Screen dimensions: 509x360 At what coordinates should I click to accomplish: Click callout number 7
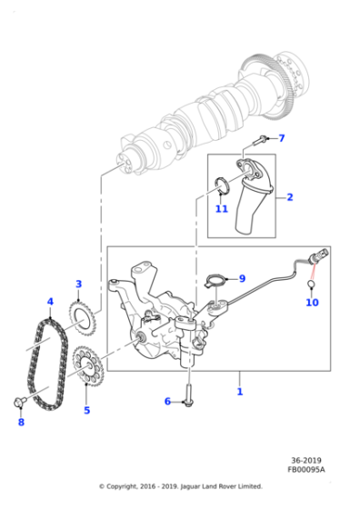[281, 139]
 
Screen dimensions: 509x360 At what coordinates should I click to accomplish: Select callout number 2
[289, 196]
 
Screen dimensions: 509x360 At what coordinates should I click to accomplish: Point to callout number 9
[241, 278]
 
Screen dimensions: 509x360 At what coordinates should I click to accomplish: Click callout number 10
[312, 303]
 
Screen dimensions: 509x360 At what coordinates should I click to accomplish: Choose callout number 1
[239, 392]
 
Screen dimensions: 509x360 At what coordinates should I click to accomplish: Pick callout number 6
[167, 401]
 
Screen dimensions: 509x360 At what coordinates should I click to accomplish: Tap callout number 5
[87, 410]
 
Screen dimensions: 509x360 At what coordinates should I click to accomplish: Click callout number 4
[50, 302]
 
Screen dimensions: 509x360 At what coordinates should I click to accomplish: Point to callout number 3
[78, 284]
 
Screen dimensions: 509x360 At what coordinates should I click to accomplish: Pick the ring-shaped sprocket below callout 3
[81, 319]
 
